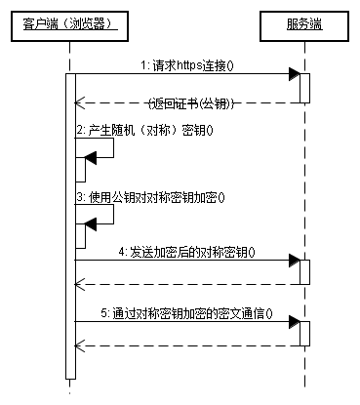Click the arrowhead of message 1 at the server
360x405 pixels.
click(293, 74)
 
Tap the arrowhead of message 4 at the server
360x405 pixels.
click(293, 261)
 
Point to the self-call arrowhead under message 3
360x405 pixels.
click(91, 223)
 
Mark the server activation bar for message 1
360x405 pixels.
click(304, 88)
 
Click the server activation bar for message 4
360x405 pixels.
click(304, 271)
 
